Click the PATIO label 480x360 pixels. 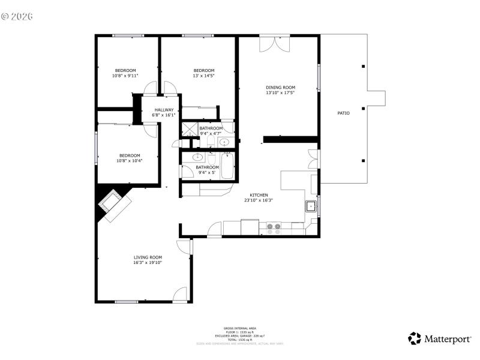[343, 113]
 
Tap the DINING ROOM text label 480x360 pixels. [281, 88]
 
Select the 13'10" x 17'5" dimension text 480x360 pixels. [281, 93]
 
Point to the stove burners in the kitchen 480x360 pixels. [274, 228]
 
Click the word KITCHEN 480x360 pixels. [259, 196]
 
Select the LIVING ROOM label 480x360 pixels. [148, 257]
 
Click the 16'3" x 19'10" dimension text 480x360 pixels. [148, 262]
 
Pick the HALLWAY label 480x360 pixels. [164, 110]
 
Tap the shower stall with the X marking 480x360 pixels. [190, 128]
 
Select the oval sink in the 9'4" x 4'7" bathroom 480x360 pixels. [223, 143]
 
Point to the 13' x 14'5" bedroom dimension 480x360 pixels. [203, 76]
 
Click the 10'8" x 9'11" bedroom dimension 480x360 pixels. [125, 76]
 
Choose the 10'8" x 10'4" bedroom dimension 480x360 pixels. [129, 161]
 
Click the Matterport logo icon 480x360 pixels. [415, 339]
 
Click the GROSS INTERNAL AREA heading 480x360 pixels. [240, 328]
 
